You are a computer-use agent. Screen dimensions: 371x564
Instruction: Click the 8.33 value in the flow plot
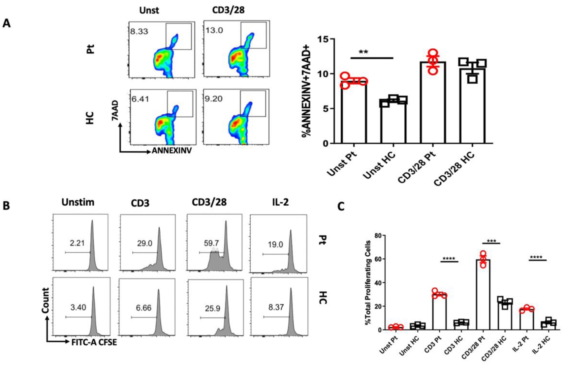coord(139,32)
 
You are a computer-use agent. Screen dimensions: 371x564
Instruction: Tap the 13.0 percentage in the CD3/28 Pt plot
coord(214,31)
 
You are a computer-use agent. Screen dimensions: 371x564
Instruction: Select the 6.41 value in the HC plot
coord(140,99)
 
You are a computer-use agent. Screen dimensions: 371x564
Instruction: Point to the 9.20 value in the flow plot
coord(213,99)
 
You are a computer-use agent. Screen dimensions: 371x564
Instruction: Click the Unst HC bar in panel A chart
coord(393,122)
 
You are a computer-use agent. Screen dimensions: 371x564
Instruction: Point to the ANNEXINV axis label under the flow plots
coord(172,151)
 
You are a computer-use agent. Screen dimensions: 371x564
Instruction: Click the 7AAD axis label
coord(115,111)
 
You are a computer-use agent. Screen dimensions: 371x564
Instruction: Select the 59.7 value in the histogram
coord(211,243)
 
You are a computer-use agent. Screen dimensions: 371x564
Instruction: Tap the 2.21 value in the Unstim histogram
coord(77,243)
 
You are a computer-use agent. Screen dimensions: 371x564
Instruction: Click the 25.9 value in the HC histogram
coord(212,308)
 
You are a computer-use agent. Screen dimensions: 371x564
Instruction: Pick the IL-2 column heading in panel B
coord(280,202)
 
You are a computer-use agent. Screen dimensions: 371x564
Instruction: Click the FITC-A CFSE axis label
coord(94,343)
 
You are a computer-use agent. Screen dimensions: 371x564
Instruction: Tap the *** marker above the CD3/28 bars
coord(491,242)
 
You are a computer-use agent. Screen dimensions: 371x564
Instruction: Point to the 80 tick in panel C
coord(378,236)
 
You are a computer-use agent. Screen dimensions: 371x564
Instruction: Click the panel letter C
coord(341,207)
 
